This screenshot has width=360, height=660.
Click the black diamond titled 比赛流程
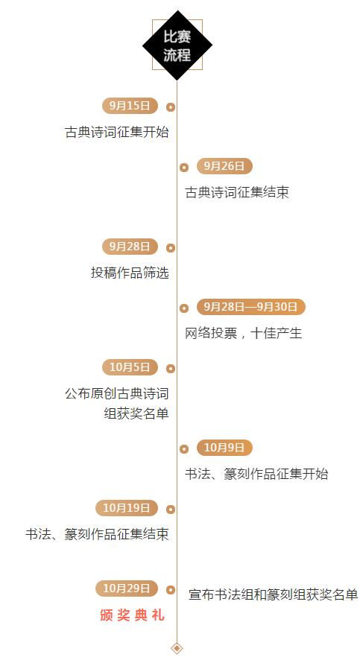[x=177, y=45]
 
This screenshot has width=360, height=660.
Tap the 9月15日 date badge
[x=130, y=106]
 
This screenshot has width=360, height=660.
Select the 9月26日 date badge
[x=224, y=166]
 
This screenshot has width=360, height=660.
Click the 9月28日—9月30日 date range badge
[x=250, y=307]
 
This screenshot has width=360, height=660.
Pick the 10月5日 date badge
[x=130, y=367]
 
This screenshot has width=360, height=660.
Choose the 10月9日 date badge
[x=224, y=448]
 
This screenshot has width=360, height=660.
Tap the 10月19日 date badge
[x=127, y=508]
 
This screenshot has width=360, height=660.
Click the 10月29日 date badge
[x=127, y=588]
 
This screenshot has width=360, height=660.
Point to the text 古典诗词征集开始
[x=117, y=132]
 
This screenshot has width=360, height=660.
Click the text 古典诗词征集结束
[x=237, y=193]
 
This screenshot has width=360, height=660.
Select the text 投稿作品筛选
[x=130, y=273]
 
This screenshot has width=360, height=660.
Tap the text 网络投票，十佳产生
[x=244, y=334]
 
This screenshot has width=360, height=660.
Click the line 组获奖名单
[x=136, y=413]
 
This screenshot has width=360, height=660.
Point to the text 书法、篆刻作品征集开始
[x=256, y=474]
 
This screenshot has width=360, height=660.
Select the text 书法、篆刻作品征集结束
[x=97, y=534]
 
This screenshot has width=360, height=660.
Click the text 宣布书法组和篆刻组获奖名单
[x=274, y=594]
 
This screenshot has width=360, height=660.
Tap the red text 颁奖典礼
[x=132, y=615]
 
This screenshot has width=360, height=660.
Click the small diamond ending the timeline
[x=177, y=648]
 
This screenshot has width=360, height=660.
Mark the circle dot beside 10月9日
[x=184, y=448]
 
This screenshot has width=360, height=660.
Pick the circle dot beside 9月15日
[x=171, y=107]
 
